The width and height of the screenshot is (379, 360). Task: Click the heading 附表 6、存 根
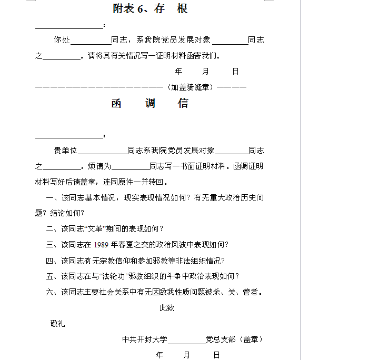151,9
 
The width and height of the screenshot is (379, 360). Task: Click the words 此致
167,308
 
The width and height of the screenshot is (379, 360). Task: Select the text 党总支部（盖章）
234,339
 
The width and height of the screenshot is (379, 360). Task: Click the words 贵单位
65,151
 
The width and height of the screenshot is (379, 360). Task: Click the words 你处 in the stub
61,39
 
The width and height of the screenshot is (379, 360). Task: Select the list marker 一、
51,198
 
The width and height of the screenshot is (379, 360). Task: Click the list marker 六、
51,292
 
